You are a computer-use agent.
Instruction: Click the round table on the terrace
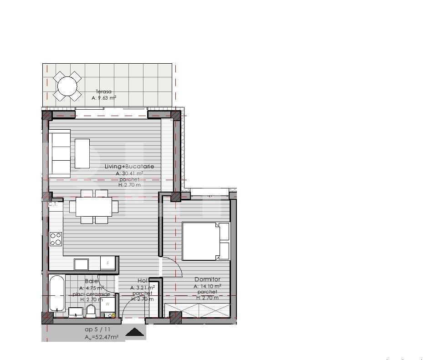[67, 86]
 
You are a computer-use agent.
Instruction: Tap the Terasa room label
[103, 91]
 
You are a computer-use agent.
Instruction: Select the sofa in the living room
[60, 153]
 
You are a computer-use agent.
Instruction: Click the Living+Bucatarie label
[129, 167]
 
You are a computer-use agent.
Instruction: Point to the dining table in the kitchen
[94, 207]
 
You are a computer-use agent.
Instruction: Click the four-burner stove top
[56, 239]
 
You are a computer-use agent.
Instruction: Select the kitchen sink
[82, 264]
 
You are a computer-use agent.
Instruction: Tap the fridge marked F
[108, 264]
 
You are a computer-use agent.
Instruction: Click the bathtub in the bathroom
[56, 293]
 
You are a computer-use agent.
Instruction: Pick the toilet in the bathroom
[91, 311]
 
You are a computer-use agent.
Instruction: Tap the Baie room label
[92, 281]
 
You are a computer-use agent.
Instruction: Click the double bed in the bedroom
[205, 241]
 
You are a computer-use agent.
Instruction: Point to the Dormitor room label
[207, 279]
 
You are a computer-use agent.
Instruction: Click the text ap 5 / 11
[97, 329]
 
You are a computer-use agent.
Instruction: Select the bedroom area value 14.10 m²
[208, 286]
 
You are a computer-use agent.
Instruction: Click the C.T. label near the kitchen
[53, 204]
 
